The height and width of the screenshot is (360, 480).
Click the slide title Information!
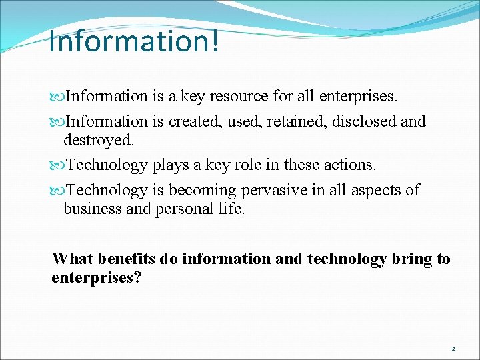click(133, 41)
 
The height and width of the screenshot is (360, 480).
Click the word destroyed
click(98, 140)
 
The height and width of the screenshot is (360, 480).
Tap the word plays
click(171, 165)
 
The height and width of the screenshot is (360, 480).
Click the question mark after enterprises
click(137, 277)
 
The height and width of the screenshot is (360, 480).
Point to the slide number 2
click(454, 349)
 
